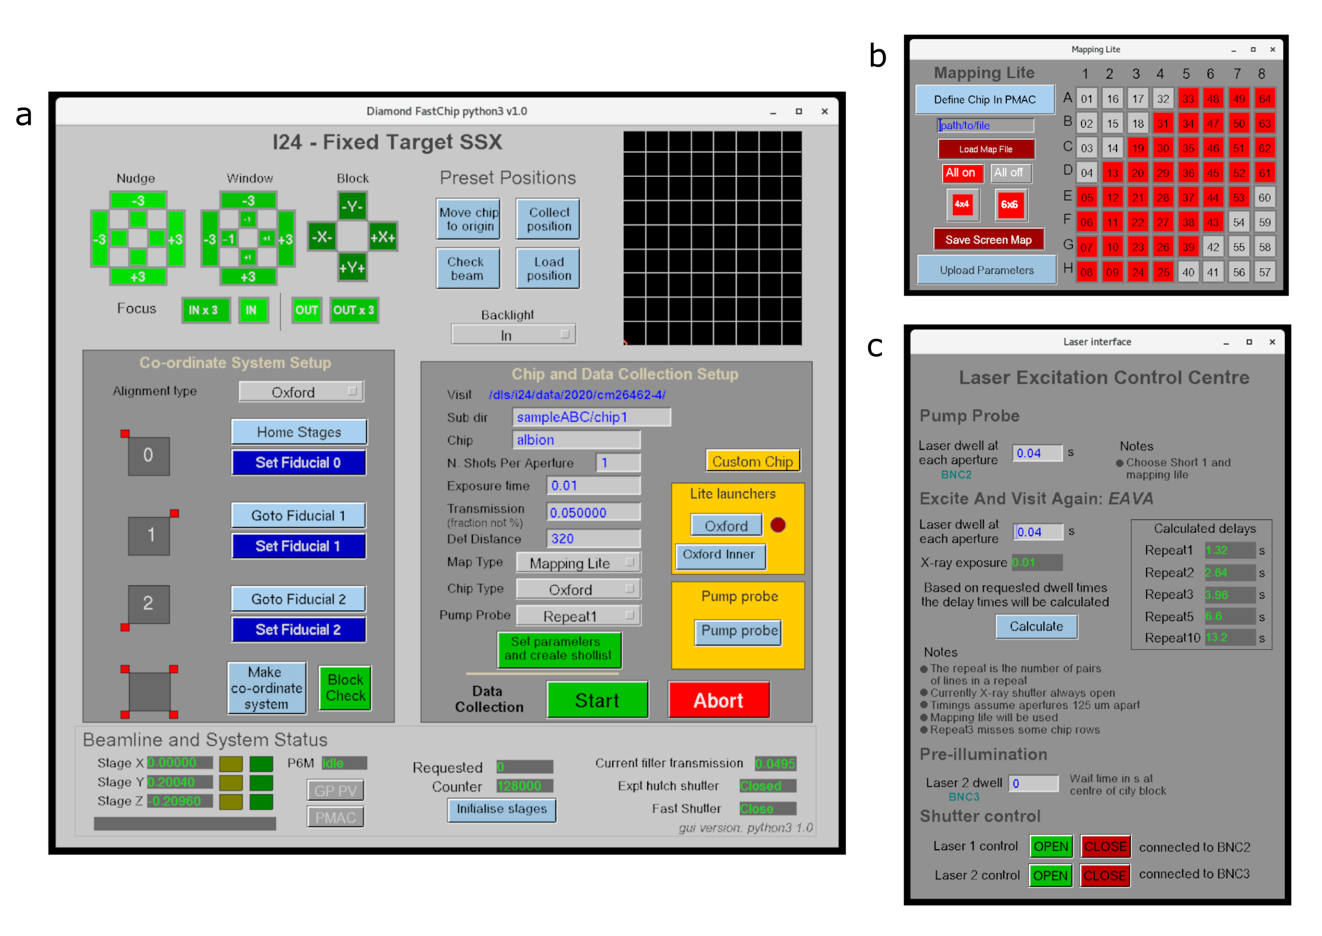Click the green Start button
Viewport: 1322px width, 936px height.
[597, 700]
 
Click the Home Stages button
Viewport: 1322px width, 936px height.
[299, 431]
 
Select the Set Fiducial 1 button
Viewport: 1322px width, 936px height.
[298, 546]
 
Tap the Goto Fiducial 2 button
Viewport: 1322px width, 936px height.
[298, 599]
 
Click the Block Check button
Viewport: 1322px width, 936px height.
[345, 688]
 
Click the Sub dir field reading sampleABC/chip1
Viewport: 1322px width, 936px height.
[591, 417]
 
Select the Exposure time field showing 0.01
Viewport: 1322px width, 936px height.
[593, 485]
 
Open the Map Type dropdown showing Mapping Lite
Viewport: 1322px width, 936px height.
[578, 563]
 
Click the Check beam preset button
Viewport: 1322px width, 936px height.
[467, 268]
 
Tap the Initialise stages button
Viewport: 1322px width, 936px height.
[501, 808]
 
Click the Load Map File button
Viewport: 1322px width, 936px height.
[985, 149]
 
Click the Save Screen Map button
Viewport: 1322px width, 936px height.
[988, 240]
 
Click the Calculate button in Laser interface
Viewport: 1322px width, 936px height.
[1035, 626]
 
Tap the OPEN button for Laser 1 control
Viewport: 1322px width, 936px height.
[1050, 846]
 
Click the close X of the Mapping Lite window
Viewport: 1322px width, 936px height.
[1272, 50]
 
